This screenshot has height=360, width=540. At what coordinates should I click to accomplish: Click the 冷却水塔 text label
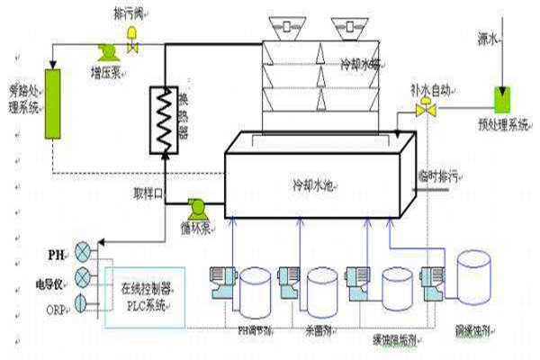click(361, 65)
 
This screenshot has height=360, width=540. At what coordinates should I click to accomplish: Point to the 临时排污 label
click(436, 175)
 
